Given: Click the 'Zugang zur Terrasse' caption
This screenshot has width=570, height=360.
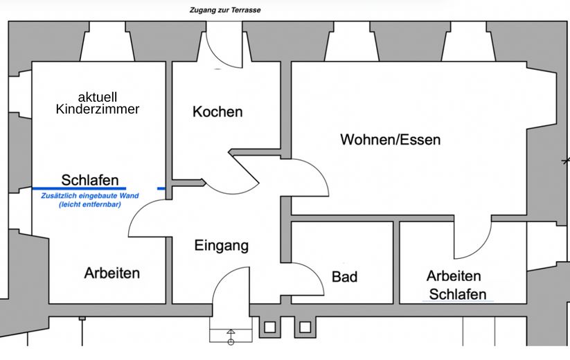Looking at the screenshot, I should click(x=224, y=10).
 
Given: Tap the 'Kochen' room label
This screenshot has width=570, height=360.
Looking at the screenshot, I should click(x=217, y=111).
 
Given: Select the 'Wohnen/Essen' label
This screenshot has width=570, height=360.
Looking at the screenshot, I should click(x=390, y=140).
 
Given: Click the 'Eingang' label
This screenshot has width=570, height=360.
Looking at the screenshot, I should click(x=221, y=245).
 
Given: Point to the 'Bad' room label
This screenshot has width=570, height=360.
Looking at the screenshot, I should click(x=344, y=277).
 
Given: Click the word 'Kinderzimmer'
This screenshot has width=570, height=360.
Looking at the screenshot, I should click(x=98, y=109).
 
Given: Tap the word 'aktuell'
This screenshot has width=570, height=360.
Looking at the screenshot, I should click(x=98, y=96).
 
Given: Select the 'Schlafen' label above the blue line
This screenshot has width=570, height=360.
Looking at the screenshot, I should click(x=90, y=180).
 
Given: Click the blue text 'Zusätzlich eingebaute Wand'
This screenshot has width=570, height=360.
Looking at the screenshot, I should click(x=90, y=196).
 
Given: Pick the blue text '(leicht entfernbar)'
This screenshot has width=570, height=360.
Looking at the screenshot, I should click(x=90, y=204).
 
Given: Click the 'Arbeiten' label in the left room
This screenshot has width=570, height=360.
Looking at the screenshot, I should click(x=112, y=273).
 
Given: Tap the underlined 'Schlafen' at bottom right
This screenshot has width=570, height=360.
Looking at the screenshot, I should click(x=458, y=294).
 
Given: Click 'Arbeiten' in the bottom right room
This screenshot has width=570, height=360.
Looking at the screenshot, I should click(x=454, y=276).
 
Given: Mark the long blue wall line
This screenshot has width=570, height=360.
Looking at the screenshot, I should click(x=79, y=188).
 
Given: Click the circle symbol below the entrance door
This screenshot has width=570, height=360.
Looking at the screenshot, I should click(x=231, y=341).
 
